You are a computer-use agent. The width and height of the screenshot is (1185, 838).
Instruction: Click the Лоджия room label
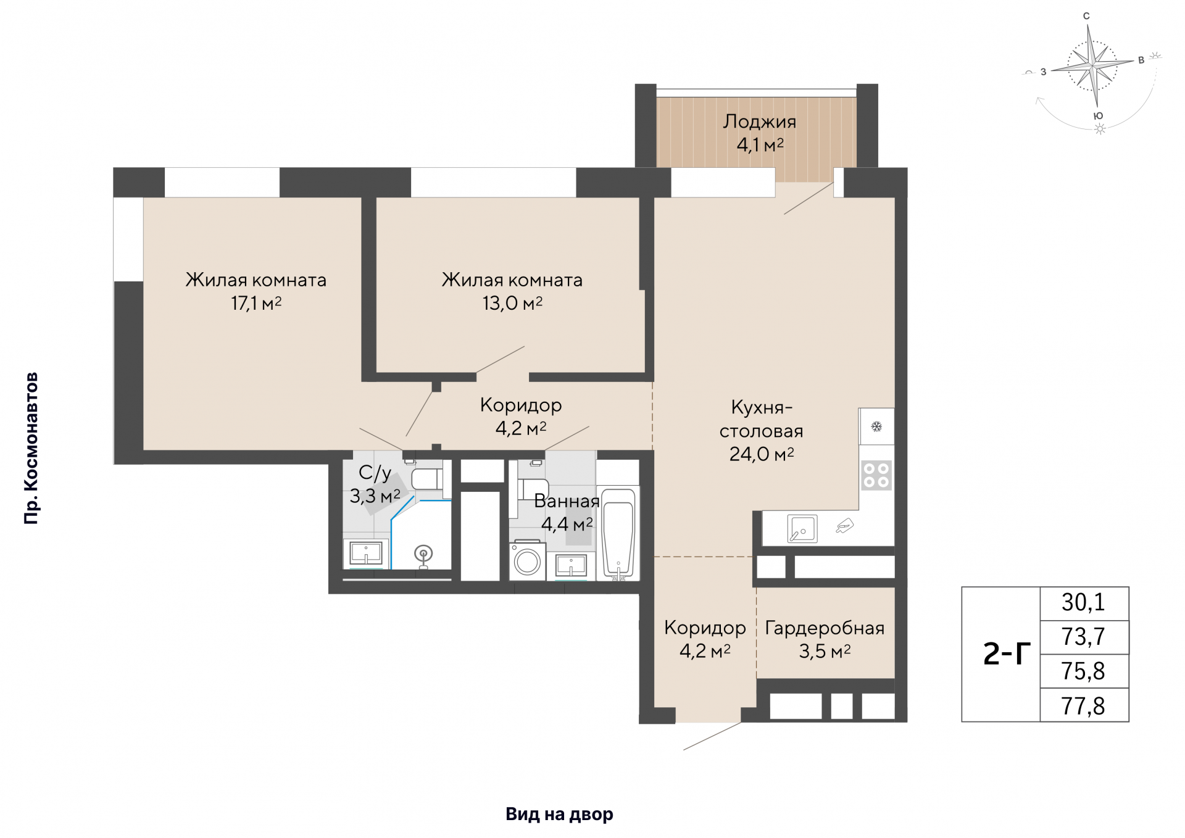[x=759, y=122]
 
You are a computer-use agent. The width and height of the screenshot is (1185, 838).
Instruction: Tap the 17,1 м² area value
[x=256, y=303]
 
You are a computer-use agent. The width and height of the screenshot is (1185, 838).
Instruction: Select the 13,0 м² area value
[x=512, y=303]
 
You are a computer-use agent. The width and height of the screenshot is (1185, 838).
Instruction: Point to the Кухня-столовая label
[x=762, y=419]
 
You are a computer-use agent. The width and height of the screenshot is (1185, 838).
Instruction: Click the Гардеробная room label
[x=825, y=628]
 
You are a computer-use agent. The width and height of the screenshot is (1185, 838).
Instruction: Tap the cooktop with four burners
[x=876, y=475]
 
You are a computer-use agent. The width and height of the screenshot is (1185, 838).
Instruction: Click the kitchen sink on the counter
[x=802, y=529]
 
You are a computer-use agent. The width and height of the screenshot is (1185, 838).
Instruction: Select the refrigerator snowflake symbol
[x=876, y=426]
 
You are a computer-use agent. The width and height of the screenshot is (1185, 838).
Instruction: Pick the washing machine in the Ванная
[x=528, y=561]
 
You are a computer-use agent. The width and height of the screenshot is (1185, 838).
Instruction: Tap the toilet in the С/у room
[x=427, y=479]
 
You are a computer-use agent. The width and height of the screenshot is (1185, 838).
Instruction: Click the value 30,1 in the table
[x=1084, y=602]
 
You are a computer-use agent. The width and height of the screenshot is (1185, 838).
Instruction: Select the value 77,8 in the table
[x=1084, y=706]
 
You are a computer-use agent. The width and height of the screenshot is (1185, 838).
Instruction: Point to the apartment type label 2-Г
[x=1007, y=654]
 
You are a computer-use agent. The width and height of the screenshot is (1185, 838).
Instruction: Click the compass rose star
[x=1093, y=64]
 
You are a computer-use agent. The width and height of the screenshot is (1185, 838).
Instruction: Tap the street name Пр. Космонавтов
[x=31, y=449]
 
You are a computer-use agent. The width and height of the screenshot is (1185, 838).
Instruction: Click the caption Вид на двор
[x=559, y=815]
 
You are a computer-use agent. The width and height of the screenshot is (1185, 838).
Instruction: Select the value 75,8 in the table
[x=1084, y=671]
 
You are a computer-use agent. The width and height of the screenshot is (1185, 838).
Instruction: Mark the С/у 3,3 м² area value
[x=375, y=496]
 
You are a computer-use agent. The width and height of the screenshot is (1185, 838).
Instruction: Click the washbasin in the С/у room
[x=366, y=553]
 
